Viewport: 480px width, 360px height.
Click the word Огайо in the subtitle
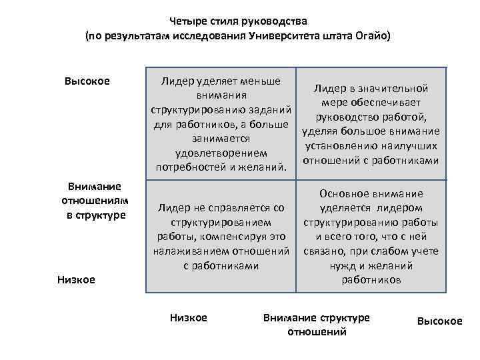coord(371,35)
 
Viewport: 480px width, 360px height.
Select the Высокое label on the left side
coord(87,81)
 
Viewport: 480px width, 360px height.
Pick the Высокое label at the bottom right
coord(439,321)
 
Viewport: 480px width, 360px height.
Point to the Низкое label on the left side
coord(75,279)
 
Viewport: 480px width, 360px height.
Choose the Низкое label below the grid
coord(189,317)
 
